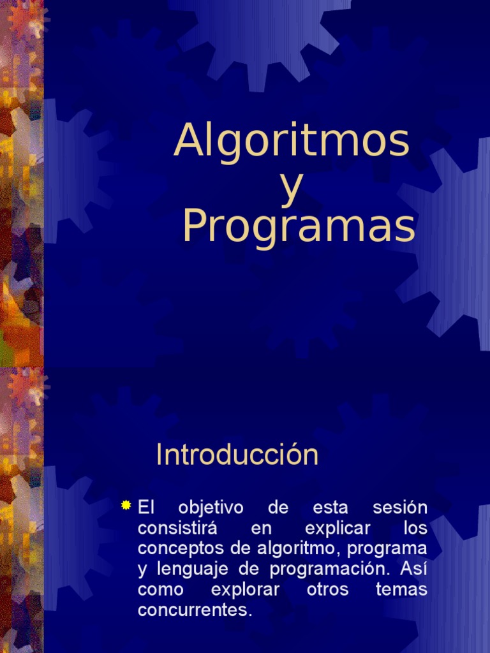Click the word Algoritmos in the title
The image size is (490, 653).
click(292, 141)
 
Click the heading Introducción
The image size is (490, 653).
click(237, 455)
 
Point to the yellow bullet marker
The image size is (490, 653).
click(126, 506)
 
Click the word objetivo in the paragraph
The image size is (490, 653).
click(202, 508)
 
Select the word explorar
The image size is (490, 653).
click(245, 589)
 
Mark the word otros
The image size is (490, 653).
click(327, 589)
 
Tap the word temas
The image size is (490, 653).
click(401, 589)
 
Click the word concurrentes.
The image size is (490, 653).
click(195, 610)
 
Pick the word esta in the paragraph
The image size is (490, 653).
click(330, 508)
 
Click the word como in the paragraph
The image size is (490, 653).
click(160, 589)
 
